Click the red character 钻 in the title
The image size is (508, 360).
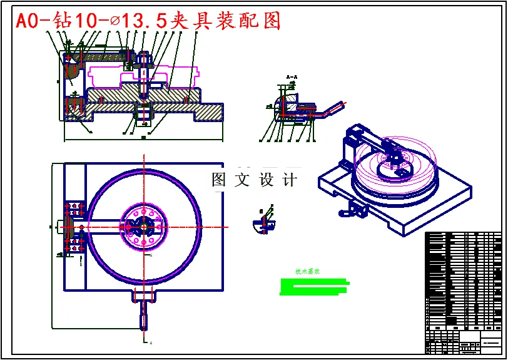[x=61, y=21]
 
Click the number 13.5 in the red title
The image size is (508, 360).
[x=145, y=21]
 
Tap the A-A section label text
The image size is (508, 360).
[x=291, y=77]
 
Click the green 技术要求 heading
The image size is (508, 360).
[x=307, y=272]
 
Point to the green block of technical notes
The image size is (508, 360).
[x=313, y=287]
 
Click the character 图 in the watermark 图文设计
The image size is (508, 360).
[x=219, y=180]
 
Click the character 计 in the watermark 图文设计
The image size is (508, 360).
[x=290, y=180]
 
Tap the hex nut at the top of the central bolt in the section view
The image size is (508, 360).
[x=143, y=58]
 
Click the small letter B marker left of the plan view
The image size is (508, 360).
[x=81, y=264]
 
